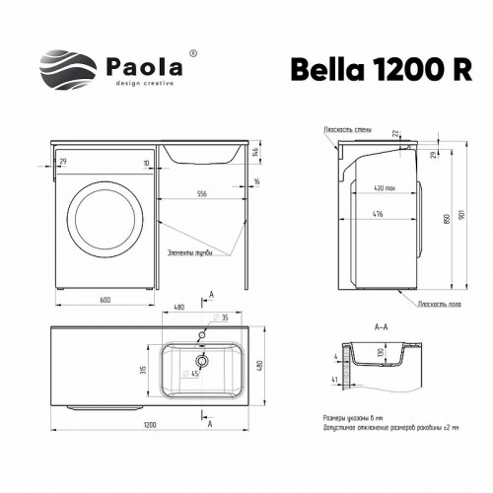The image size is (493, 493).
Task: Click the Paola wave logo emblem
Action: point(68,68)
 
